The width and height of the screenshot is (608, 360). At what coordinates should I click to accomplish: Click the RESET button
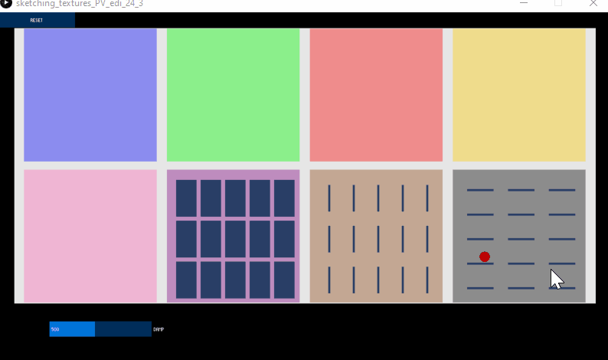click(x=37, y=20)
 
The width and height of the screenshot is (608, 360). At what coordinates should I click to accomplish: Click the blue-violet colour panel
click(x=90, y=95)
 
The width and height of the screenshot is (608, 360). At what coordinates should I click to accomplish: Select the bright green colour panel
click(x=233, y=95)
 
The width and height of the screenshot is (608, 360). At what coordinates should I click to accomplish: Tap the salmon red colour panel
click(x=376, y=95)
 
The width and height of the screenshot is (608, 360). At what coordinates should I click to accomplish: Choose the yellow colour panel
click(x=519, y=95)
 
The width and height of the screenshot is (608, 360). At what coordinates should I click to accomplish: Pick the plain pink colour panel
click(x=90, y=236)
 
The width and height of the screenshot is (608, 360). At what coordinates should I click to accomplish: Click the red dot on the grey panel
click(x=485, y=257)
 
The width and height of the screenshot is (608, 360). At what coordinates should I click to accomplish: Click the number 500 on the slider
click(x=55, y=329)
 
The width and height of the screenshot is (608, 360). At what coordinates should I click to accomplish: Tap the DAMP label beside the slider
click(x=159, y=329)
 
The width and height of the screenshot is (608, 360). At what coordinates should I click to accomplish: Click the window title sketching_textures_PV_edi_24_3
click(x=80, y=4)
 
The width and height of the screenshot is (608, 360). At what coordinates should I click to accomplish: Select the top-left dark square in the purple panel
click(x=186, y=198)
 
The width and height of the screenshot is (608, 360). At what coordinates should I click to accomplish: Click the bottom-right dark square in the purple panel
click(x=284, y=280)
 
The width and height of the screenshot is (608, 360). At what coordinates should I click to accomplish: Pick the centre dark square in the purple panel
click(x=235, y=239)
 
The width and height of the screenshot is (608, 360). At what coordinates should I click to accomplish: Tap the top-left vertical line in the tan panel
click(x=329, y=198)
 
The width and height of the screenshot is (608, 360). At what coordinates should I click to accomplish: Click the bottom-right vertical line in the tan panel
click(x=427, y=280)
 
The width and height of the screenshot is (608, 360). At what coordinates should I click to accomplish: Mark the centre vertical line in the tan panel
click(x=378, y=239)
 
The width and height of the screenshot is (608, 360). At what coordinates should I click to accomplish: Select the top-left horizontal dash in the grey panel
click(x=480, y=190)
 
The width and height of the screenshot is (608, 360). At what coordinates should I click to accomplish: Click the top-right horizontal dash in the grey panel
click(x=562, y=190)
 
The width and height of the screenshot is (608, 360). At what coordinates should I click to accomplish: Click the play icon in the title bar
click(x=6, y=4)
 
